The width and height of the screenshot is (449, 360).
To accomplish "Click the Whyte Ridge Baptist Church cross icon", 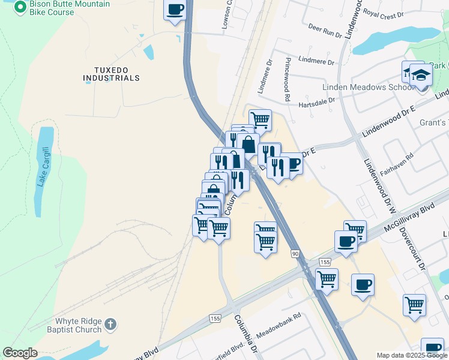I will click(110, 325).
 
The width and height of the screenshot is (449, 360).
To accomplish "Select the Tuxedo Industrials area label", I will click(111, 73).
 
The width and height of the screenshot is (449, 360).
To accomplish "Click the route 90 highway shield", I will click(295, 254).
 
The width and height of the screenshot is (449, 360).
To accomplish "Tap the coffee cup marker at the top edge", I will click(175, 10).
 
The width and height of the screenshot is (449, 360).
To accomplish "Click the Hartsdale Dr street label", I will click(317, 103).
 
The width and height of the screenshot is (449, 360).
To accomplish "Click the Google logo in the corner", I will click(20, 353).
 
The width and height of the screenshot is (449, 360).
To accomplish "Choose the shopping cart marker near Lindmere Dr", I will click(260, 120).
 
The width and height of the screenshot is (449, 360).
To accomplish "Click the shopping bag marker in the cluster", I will click(248, 144).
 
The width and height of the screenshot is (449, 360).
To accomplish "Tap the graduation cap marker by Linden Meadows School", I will click(421, 75).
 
